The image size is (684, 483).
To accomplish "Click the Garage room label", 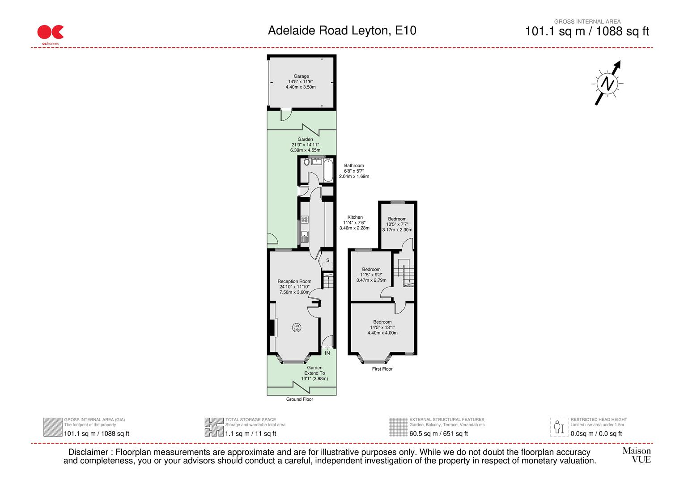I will point(301,81).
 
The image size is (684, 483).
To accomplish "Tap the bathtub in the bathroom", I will point(328,170).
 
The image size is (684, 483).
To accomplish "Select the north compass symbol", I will point(608,83).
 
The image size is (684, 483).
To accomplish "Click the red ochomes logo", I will point(50,33).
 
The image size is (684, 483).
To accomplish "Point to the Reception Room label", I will point(294,287).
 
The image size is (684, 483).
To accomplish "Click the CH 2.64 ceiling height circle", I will point(296,327).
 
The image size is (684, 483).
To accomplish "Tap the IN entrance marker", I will point(327,353).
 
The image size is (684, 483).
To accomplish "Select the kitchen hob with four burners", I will point(305,219).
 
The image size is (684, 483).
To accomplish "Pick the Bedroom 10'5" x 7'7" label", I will point(397,224).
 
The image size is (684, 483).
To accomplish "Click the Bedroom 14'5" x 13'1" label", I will point(382,327).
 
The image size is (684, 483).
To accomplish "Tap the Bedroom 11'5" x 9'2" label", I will point(371,275).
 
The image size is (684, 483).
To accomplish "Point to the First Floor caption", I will point(382,369).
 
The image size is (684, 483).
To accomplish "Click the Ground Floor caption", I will point(300,399).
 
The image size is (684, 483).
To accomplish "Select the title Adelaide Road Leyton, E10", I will point(342,30).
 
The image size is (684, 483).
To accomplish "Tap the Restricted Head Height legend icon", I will point(559,427).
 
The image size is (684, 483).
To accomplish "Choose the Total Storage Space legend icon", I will point(214,427).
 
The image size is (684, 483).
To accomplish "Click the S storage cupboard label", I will point(327,260).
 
